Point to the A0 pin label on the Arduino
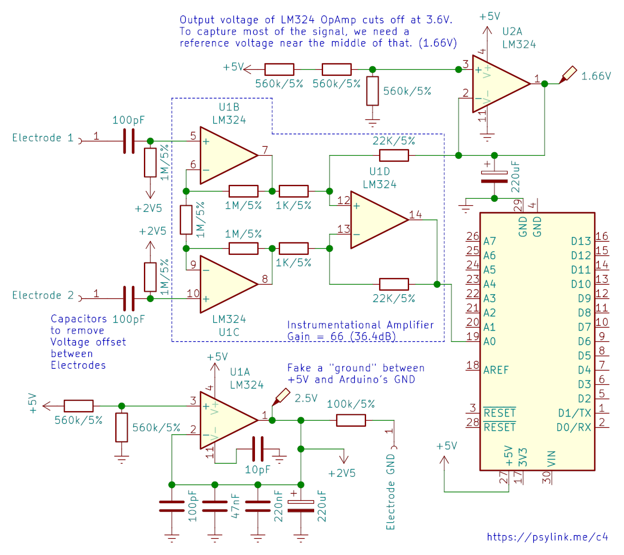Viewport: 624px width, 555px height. (x=490, y=342)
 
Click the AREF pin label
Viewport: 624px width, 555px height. (x=496, y=371)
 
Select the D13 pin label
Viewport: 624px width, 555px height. (x=581, y=242)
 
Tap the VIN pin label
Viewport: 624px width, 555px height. (x=551, y=459)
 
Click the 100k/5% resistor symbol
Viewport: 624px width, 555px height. (x=351, y=420)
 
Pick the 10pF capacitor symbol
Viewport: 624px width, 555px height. (x=258, y=449)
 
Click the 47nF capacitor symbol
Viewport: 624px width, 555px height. (x=215, y=507)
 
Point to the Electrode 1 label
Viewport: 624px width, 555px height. (x=43, y=138)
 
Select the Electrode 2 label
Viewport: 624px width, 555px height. (x=43, y=295)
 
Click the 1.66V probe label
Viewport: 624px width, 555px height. (x=596, y=76)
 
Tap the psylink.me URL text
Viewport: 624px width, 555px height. (x=548, y=537)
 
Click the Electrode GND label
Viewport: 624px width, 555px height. (x=391, y=492)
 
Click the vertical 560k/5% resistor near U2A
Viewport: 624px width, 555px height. (x=373, y=91)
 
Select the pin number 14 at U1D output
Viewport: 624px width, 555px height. (x=416, y=215)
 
